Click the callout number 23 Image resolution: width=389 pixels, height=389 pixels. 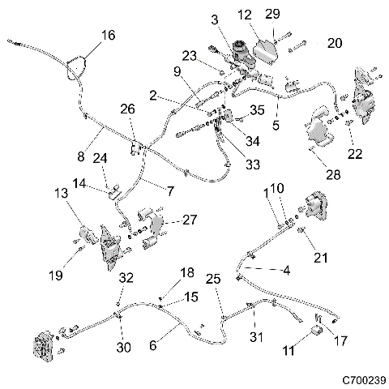pos(189,56)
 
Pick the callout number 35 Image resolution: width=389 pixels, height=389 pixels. pos(257,109)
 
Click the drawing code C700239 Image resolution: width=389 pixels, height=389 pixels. pos(362,378)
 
